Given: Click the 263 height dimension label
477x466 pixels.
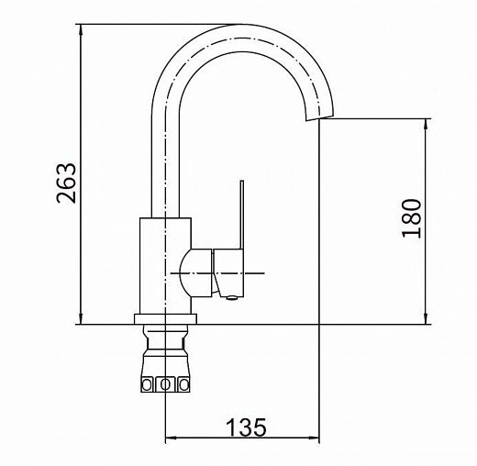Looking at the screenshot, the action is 66,183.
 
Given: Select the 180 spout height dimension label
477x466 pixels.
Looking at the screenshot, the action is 412,218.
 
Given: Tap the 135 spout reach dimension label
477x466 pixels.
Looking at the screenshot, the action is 246,427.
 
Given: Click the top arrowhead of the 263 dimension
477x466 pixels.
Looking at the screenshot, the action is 81,30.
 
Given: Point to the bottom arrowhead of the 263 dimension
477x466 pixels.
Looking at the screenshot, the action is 81,318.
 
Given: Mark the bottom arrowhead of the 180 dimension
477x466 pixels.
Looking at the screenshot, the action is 427,318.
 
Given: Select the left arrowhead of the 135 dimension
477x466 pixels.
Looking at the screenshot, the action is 171,438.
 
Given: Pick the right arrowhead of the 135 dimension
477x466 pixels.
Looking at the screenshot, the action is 313,438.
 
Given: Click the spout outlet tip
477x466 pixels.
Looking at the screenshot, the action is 319,117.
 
